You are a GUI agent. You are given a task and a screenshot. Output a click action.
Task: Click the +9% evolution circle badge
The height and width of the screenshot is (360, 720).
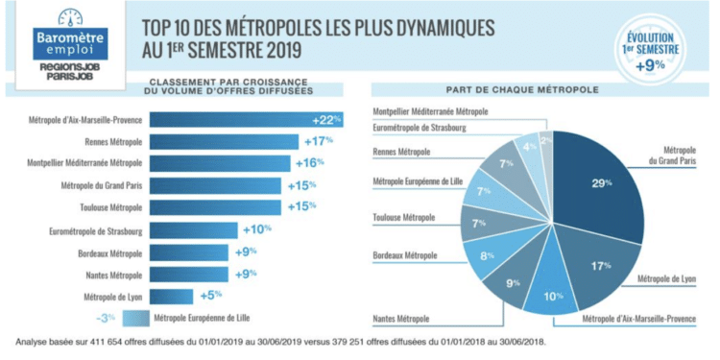coord(655,52)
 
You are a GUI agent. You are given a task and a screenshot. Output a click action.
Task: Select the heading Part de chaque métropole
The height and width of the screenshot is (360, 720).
coord(537,89)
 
